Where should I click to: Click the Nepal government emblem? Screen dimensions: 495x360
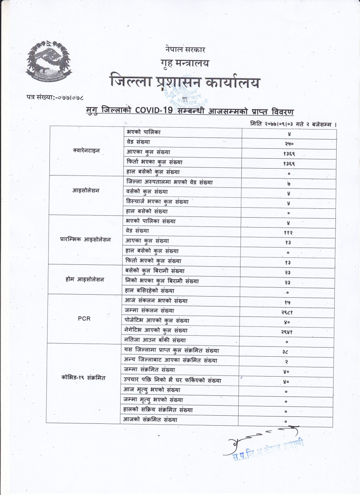coord(48,63)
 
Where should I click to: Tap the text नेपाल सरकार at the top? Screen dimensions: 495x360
coord(185,50)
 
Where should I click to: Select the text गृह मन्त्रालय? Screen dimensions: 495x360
coord(185,64)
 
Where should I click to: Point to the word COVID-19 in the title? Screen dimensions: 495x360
coord(151,111)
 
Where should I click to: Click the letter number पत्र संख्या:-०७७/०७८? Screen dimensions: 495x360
coord(55,98)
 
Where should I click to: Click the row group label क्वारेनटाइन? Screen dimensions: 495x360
coord(86,151)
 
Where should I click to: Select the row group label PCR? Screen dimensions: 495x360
coord(84,318)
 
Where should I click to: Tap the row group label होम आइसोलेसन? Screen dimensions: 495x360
coord(85,280)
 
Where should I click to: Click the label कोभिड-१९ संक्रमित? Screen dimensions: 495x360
coord(83,378)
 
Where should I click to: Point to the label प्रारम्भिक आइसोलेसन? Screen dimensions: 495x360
coord(85,239)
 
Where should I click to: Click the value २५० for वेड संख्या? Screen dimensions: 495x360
coord(289,144)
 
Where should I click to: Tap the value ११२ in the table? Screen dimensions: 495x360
coord(288,233)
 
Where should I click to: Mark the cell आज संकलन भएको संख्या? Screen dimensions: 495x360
coord(156,301)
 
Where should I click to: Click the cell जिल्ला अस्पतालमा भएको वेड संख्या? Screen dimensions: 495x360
coord(169,182)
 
